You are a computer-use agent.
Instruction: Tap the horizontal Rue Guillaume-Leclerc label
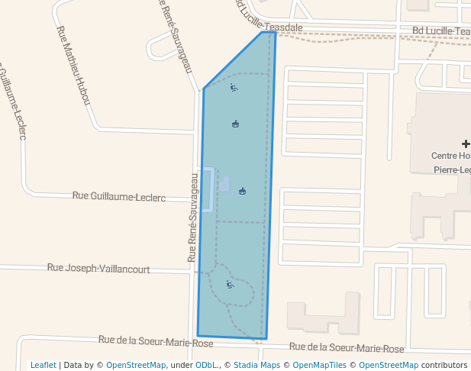(x=118, y=196)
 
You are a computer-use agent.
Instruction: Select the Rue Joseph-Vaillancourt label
(x=98, y=269)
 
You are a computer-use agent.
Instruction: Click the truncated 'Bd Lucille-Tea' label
(x=440, y=31)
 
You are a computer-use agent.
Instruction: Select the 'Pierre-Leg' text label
(x=451, y=169)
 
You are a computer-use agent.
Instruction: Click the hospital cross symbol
(x=466, y=144)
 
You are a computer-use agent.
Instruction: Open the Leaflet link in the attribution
(x=43, y=365)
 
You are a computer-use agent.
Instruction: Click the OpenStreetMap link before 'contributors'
(x=389, y=365)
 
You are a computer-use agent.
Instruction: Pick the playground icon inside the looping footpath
(x=230, y=285)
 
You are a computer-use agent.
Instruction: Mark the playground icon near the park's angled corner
(x=234, y=88)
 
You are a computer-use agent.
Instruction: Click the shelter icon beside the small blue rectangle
(x=242, y=191)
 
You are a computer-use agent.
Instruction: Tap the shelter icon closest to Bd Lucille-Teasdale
(x=235, y=124)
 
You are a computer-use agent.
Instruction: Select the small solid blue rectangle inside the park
(x=225, y=184)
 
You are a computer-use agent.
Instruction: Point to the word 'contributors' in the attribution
(x=444, y=365)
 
